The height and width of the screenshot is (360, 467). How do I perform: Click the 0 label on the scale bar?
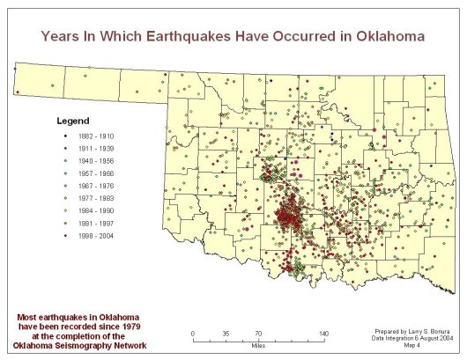[x=193, y=333]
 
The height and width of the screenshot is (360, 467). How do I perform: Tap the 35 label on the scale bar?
[x=226, y=333]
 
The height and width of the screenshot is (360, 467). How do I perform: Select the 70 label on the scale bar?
[x=258, y=333]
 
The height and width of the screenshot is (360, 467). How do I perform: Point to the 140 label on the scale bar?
[x=323, y=333]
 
